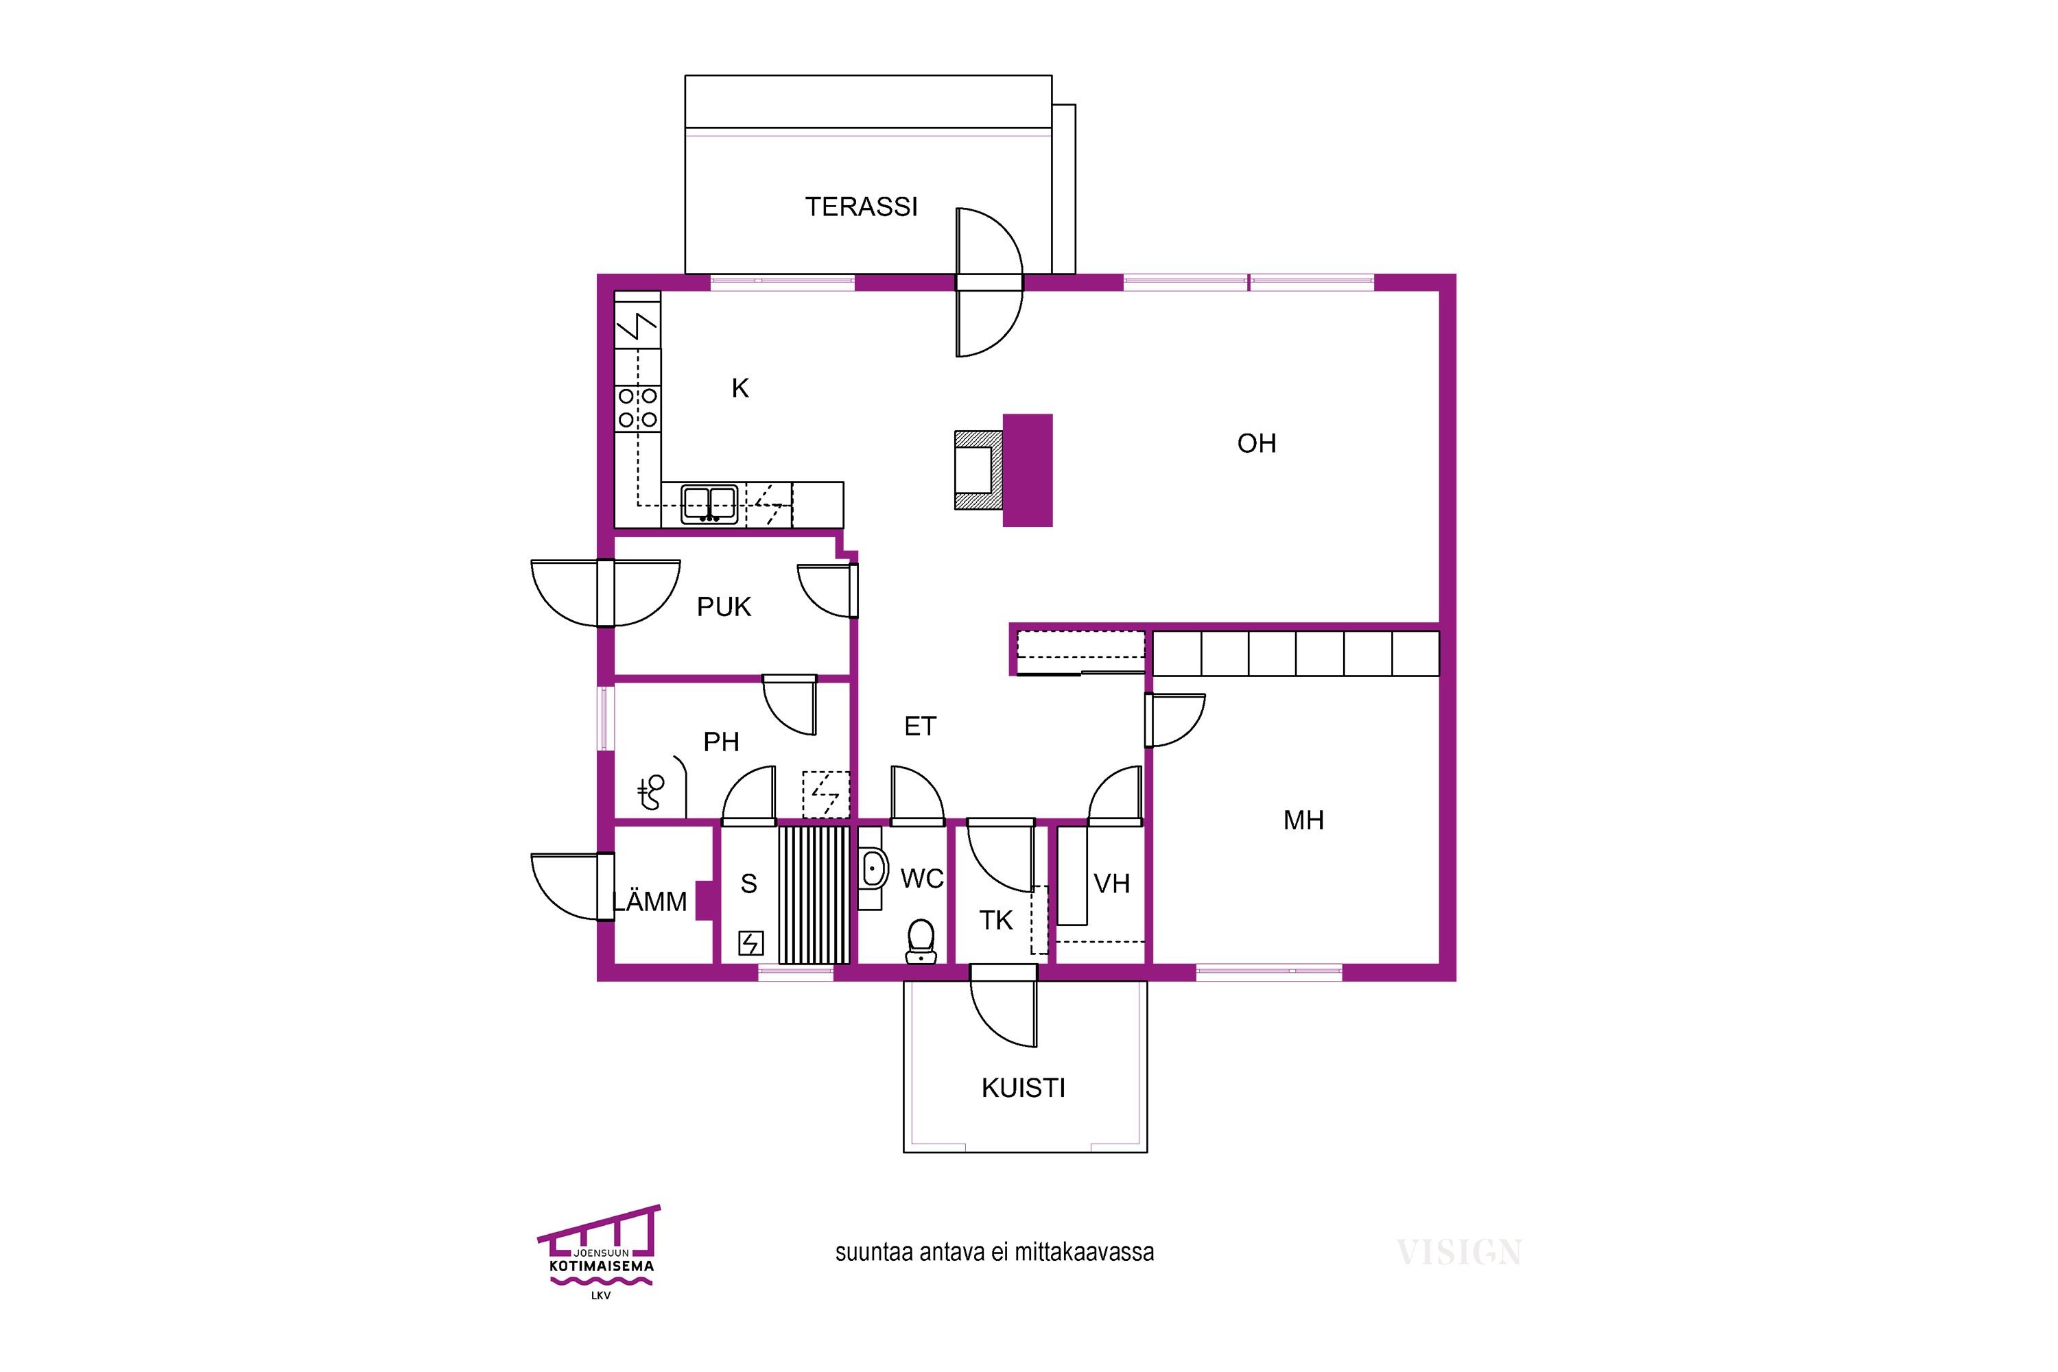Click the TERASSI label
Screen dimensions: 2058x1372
point(861,206)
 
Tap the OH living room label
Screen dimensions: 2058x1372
point(1257,444)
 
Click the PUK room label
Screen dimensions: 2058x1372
point(724,606)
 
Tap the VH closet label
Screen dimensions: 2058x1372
point(1111,884)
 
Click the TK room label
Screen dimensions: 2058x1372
point(996,921)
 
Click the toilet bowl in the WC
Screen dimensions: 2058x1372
point(920,941)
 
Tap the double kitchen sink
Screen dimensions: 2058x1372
point(709,505)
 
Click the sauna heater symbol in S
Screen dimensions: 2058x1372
point(750,943)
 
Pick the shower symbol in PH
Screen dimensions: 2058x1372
point(651,791)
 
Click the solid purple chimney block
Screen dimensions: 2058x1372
point(1027,470)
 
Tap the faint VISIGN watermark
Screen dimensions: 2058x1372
point(1460,1252)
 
